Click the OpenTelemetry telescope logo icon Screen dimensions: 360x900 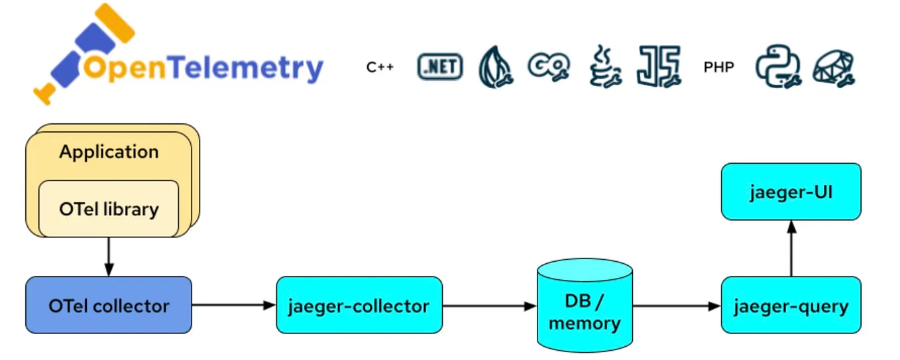click(73, 53)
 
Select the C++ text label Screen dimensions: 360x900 click(380, 67)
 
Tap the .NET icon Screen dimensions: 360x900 click(439, 67)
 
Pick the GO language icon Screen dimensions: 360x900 click(549, 66)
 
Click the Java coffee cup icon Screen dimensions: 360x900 click(604, 66)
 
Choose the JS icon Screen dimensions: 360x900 click(659, 67)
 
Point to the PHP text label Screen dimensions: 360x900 click(718, 67)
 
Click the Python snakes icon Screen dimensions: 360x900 click(778, 67)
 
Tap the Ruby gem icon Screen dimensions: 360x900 click(834, 67)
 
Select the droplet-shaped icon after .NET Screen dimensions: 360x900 click(496, 67)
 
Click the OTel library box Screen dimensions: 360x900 click(109, 209)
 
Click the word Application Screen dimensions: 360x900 click(109, 152)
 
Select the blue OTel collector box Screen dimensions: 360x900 click(109, 306)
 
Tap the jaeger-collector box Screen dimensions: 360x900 click(359, 306)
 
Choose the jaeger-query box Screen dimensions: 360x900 click(791, 306)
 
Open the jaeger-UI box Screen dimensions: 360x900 click(791, 192)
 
